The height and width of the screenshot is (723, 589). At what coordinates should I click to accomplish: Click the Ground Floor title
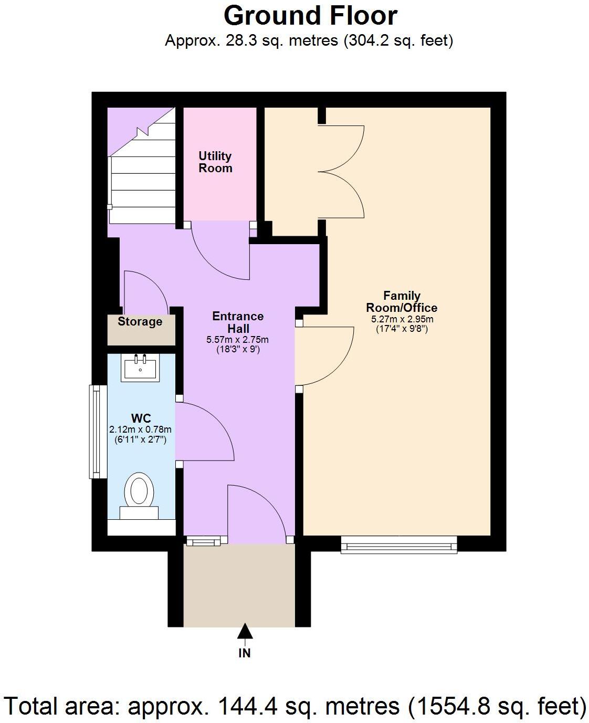[x=310, y=16]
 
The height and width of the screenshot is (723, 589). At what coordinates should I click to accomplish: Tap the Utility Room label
[x=215, y=162]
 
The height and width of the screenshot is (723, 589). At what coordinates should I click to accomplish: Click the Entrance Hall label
[x=238, y=322]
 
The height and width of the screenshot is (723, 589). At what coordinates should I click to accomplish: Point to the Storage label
[x=140, y=321]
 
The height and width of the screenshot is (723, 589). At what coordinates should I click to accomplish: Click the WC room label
[x=141, y=418]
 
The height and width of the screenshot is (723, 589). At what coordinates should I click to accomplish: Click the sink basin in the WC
[x=141, y=368]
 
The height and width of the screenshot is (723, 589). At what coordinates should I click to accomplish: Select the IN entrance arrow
[x=245, y=633]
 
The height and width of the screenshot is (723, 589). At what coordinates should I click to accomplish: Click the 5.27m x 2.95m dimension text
[x=402, y=319]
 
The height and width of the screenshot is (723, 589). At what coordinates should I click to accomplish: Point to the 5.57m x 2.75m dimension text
[x=238, y=340]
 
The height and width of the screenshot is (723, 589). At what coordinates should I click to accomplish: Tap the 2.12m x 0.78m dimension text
[x=140, y=429]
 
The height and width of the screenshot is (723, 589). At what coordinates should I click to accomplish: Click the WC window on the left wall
[x=97, y=432]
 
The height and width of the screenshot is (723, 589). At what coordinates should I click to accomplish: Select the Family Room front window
[x=398, y=544]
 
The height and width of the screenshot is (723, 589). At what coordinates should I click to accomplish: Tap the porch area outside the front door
[x=239, y=585]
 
